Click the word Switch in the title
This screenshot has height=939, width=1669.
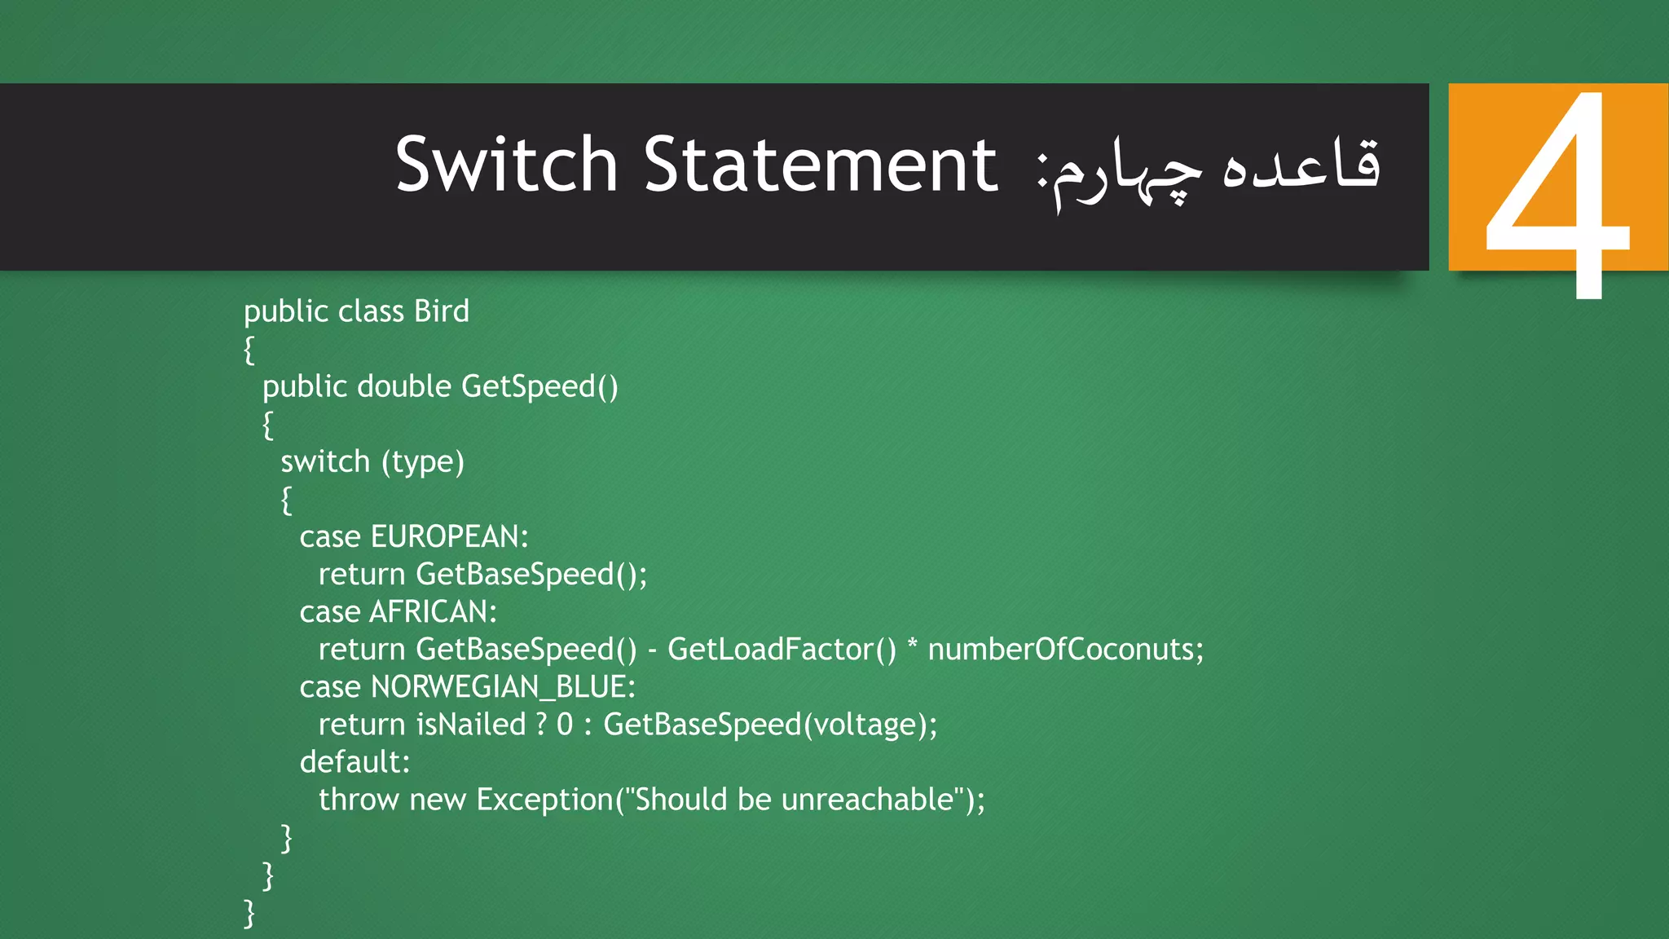pyautogui.click(x=506, y=165)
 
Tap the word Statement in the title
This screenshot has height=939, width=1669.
pyautogui.click(x=821, y=165)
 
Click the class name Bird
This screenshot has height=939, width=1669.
pyautogui.click(x=442, y=311)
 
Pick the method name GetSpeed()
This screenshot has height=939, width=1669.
pyautogui.click(x=539, y=386)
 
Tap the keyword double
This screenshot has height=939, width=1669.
pyautogui.click(x=403, y=386)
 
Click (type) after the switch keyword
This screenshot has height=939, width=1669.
pyautogui.click(x=422, y=462)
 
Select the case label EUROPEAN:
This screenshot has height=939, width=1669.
pyautogui.click(x=449, y=537)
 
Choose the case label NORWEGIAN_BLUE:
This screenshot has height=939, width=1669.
pyautogui.click(x=503, y=687)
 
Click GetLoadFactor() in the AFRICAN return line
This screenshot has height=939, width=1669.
pyautogui.click(x=782, y=650)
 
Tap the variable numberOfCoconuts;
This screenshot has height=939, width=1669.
pyautogui.click(x=1065, y=650)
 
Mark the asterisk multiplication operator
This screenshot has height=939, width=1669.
pyautogui.click(x=912, y=646)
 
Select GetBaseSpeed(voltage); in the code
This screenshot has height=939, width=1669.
pyautogui.click(x=770, y=725)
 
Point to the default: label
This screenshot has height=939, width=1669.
pyautogui.click(x=354, y=762)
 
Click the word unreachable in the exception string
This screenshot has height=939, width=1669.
pyautogui.click(x=867, y=800)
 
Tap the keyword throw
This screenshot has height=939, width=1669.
pyautogui.click(x=358, y=800)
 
